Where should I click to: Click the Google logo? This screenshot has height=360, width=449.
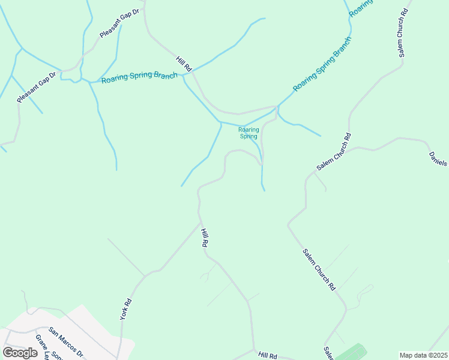click(x=20, y=352)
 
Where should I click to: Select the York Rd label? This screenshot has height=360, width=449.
click(x=125, y=309)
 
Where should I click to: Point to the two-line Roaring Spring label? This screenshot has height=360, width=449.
click(x=249, y=133)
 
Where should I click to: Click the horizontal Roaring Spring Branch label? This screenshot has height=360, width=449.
click(x=139, y=79)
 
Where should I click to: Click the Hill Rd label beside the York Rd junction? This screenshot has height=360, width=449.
click(x=204, y=238)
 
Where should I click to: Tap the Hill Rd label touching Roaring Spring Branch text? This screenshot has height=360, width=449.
click(x=184, y=64)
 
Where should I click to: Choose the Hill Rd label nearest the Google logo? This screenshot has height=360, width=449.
click(x=268, y=356)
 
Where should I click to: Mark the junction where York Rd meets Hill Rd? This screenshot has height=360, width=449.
click(x=200, y=223)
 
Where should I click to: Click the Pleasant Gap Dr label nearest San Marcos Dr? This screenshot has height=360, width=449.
click(x=36, y=86)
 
